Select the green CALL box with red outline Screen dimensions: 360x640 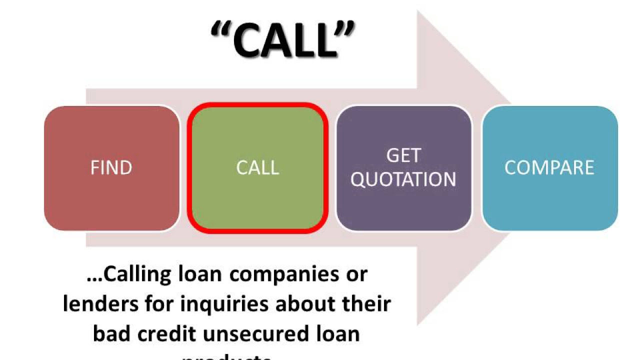coord(257,167)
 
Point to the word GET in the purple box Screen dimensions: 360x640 coord(403,156)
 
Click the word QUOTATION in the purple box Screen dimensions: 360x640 coord(403,179)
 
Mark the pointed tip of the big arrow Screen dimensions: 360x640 coord(510,168)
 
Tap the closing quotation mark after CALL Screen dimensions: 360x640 coord(345,29)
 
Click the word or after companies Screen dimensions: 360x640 coord(355,274)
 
